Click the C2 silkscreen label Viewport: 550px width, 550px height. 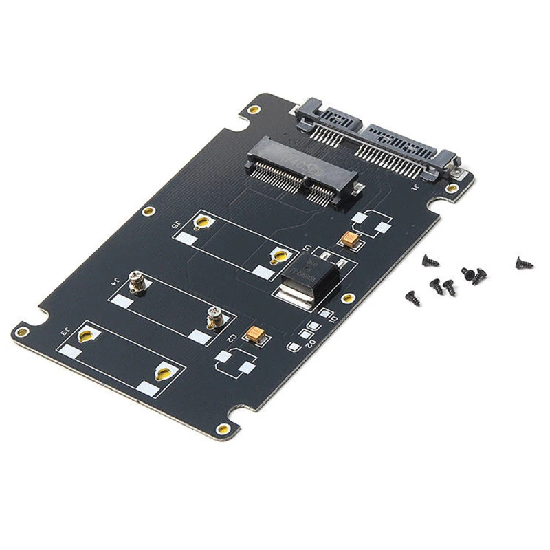232,338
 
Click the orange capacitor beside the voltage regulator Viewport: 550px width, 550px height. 349,240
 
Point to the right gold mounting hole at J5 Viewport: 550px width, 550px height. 278,256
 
